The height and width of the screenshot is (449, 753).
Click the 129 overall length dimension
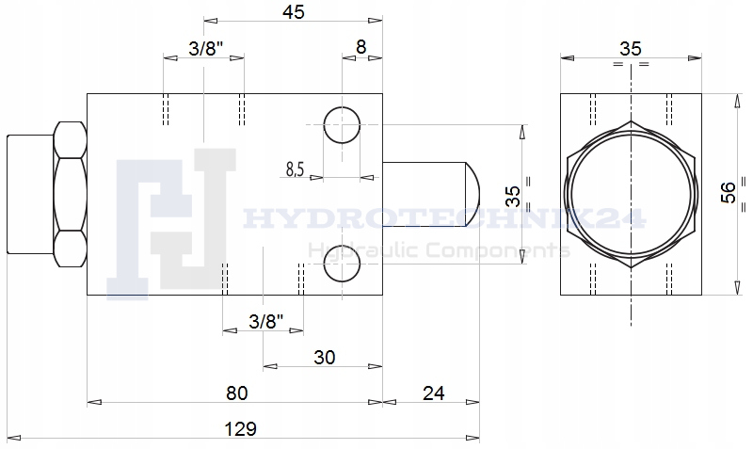(x=241, y=429)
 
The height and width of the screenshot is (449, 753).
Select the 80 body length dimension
(x=237, y=393)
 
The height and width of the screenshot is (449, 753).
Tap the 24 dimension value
(x=434, y=393)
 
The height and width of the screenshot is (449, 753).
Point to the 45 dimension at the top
(x=294, y=12)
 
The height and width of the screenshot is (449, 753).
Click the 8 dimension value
(x=360, y=47)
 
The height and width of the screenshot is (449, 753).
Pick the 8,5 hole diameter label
(x=296, y=169)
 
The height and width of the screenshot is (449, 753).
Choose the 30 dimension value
(x=324, y=358)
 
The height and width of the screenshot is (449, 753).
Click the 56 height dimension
(x=729, y=193)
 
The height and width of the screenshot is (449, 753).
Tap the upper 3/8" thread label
(x=206, y=49)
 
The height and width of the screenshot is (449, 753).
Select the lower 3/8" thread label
(x=266, y=321)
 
